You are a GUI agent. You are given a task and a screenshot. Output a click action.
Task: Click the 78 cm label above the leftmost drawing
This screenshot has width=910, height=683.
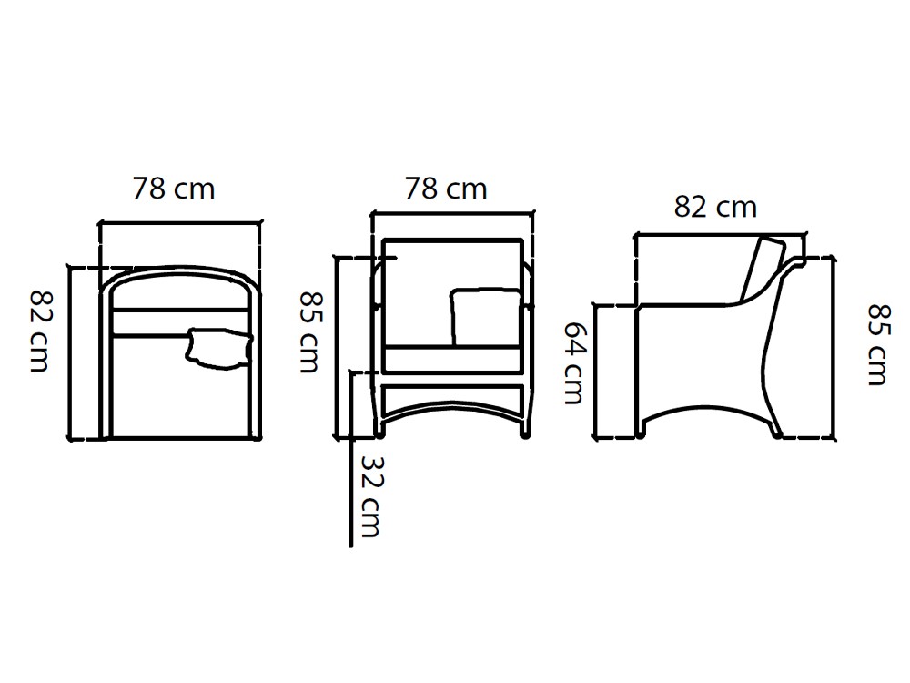point(174,189)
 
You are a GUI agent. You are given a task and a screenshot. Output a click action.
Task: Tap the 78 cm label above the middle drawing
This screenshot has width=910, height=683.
point(446,189)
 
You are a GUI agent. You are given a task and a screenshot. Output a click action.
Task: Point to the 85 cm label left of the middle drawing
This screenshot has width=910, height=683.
point(309,331)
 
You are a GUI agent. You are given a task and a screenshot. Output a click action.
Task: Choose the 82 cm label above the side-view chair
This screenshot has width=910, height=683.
point(715,207)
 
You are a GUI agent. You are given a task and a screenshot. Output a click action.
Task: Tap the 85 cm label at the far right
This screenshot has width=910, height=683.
point(876,344)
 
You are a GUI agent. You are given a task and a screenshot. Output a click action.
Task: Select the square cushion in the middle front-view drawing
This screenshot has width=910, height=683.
point(485,317)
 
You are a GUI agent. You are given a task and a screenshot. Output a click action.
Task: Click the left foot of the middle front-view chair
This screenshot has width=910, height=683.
point(379,434)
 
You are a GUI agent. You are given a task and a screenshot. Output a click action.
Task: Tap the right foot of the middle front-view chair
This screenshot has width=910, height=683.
point(524,434)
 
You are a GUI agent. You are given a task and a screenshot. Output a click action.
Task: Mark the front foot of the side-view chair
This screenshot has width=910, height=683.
point(642,433)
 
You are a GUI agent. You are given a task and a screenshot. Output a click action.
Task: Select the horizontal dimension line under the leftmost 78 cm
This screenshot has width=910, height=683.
point(180,221)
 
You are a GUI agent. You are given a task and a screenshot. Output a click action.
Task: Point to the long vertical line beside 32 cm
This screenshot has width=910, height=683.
point(351,474)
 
